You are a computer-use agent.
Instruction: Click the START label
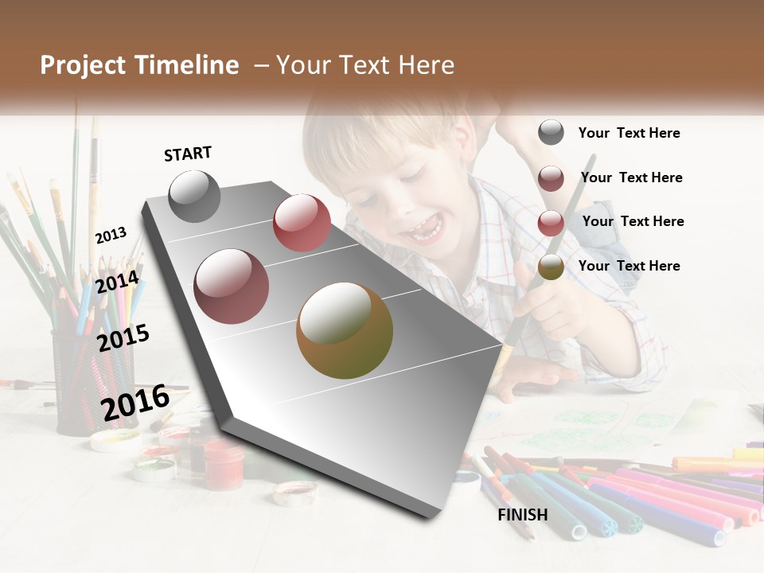(188, 154)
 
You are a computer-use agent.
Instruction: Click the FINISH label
(522, 515)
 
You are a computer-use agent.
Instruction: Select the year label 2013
(111, 235)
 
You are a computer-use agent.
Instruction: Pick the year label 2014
(117, 282)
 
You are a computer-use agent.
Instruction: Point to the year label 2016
(135, 402)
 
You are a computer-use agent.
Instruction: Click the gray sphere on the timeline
(194, 196)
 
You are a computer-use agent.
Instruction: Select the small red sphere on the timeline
(302, 223)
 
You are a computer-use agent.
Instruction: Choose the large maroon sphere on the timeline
(231, 286)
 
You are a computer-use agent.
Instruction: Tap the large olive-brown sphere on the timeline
(345, 330)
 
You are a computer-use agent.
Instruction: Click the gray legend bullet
(551, 132)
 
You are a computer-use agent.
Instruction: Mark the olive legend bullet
(551, 267)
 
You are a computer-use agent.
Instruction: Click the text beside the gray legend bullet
(629, 133)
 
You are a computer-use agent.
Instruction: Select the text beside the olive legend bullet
(629, 266)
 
